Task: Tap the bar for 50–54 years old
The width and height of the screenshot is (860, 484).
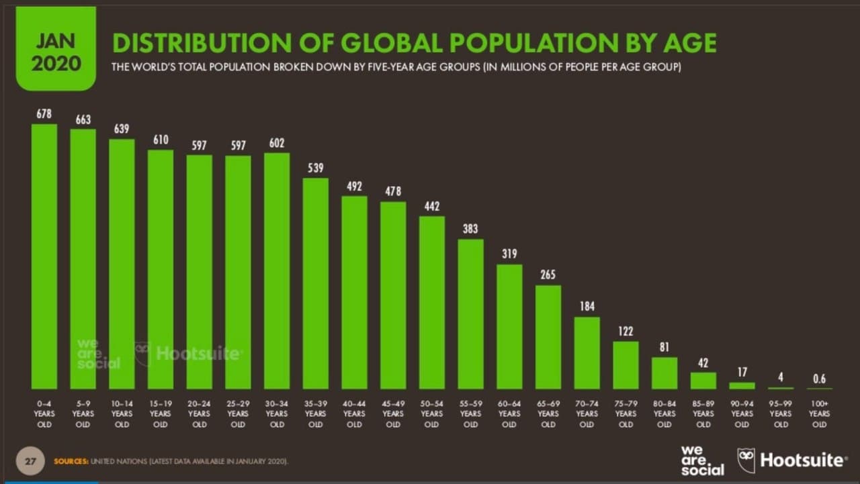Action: tap(432, 302)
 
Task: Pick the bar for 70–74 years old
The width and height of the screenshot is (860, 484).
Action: tap(587, 352)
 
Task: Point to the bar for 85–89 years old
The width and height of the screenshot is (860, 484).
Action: tap(703, 380)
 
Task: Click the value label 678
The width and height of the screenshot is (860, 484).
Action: tap(44, 114)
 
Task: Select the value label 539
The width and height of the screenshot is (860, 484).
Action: tap(316, 168)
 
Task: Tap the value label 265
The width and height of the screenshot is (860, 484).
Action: tap(548, 275)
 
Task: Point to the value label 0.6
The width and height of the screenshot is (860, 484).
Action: tap(819, 379)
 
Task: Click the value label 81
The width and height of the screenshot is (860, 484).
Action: tap(664, 347)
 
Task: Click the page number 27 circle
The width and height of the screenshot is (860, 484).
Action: tap(30, 461)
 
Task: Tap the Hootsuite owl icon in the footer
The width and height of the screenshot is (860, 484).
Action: tap(746, 460)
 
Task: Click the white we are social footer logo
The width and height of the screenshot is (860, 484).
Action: tap(702, 460)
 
